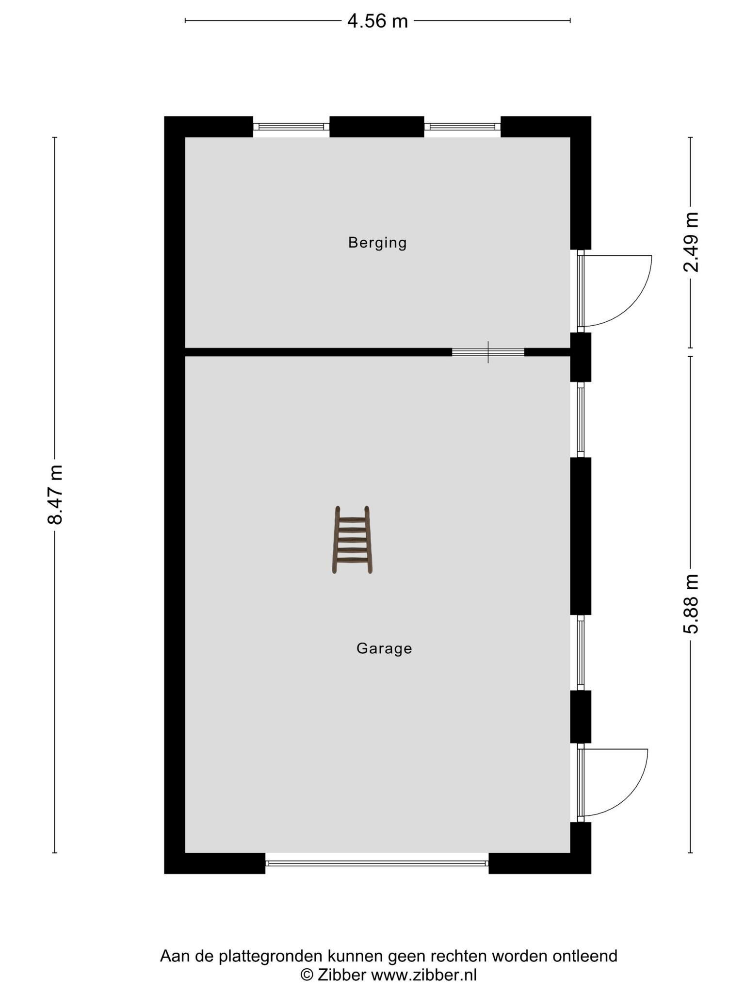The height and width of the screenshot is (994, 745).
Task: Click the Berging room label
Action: point(377,243)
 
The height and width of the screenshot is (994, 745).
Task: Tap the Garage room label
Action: point(384,648)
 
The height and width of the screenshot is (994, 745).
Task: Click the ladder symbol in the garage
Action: point(352,540)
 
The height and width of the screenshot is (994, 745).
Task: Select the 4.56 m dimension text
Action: point(377,21)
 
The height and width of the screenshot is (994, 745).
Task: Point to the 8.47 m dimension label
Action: point(55,495)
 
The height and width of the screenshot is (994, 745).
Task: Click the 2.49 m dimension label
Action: point(691,242)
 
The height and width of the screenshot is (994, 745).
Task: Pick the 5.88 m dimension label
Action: point(691,604)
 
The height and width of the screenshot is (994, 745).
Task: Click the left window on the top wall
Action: point(291,127)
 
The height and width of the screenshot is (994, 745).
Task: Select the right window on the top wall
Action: point(462,127)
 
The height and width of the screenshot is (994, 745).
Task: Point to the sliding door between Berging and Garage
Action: point(488,352)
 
